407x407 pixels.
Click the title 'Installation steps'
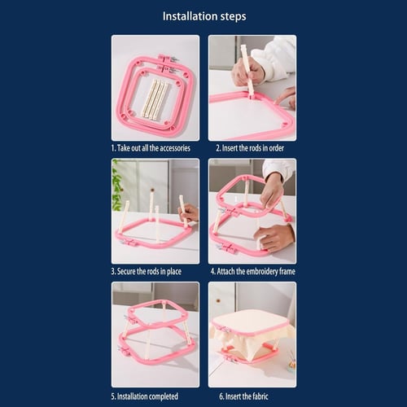tap(204, 16)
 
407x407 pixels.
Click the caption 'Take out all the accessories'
tap(154, 148)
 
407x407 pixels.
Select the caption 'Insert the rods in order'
tap(253, 148)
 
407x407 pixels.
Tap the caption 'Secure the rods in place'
tap(149, 271)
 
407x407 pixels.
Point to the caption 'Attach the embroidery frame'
tap(256, 271)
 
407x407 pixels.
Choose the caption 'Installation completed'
tap(147, 396)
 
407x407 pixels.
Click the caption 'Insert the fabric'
tap(247, 396)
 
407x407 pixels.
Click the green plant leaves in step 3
tap(117, 186)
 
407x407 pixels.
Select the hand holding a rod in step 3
tap(189, 213)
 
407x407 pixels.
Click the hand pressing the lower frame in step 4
tap(274, 239)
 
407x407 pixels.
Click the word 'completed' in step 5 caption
tap(164, 396)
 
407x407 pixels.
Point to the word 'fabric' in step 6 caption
tap(259, 396)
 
